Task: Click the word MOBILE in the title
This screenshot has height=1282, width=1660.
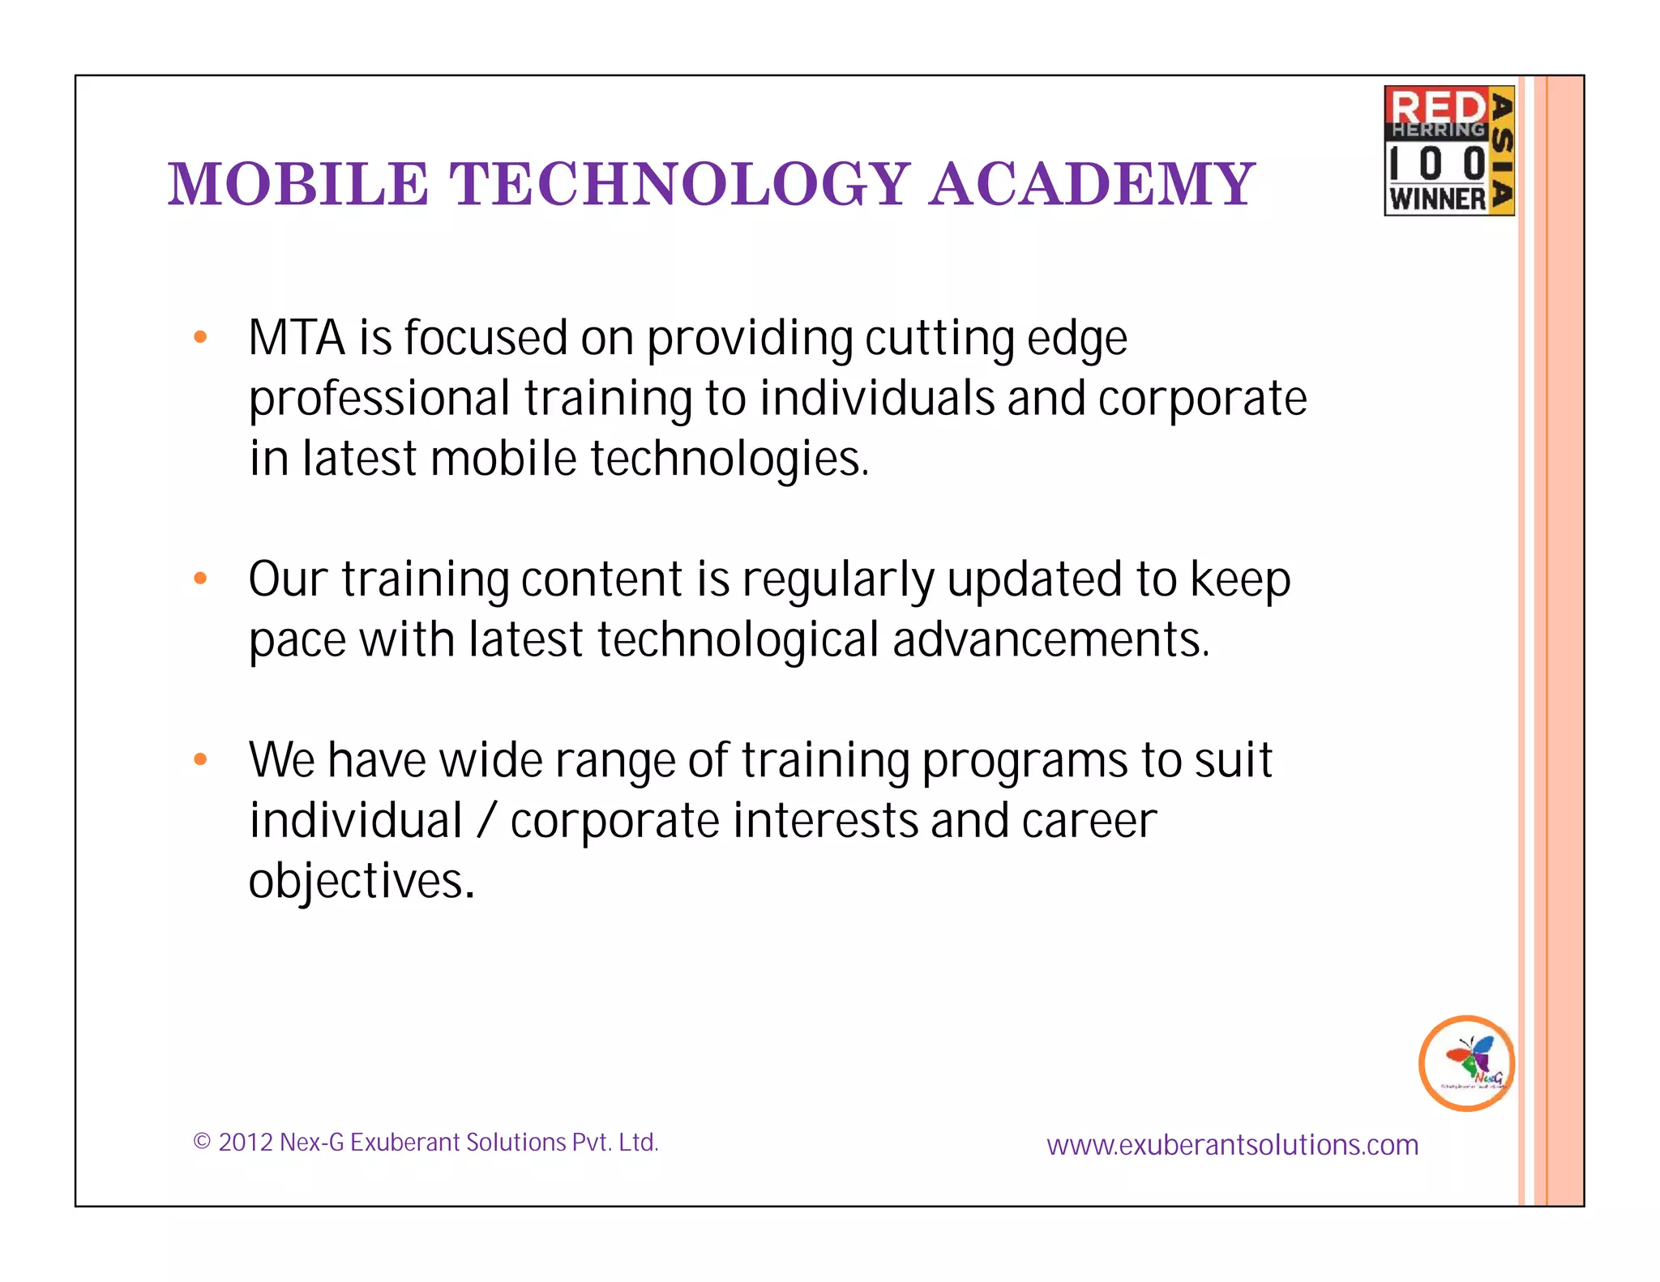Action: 297,184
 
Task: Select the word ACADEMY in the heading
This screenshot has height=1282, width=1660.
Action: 1092,184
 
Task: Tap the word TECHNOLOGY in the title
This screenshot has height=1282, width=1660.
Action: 679,184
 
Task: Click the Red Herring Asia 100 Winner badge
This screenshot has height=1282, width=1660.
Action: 1448,151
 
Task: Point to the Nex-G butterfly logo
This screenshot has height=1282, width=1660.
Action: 1466,1062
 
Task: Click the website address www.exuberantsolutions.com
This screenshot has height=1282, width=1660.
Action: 1232,1145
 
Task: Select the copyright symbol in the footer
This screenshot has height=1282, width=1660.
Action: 202,1143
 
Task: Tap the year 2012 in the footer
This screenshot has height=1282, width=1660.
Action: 245,1143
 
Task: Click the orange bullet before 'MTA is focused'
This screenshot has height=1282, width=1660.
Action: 200,337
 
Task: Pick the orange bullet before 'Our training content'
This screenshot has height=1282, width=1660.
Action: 200,579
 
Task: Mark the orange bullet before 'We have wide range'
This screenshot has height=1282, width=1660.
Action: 200,759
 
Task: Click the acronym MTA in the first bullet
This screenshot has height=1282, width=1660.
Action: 297,338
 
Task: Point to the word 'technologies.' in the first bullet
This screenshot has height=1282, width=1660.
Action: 729,459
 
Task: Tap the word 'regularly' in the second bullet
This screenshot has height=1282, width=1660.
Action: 838,580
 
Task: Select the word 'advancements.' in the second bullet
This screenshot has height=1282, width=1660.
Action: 1051,640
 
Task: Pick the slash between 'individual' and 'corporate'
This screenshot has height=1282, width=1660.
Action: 486,821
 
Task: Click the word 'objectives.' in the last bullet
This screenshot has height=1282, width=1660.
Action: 362,881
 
